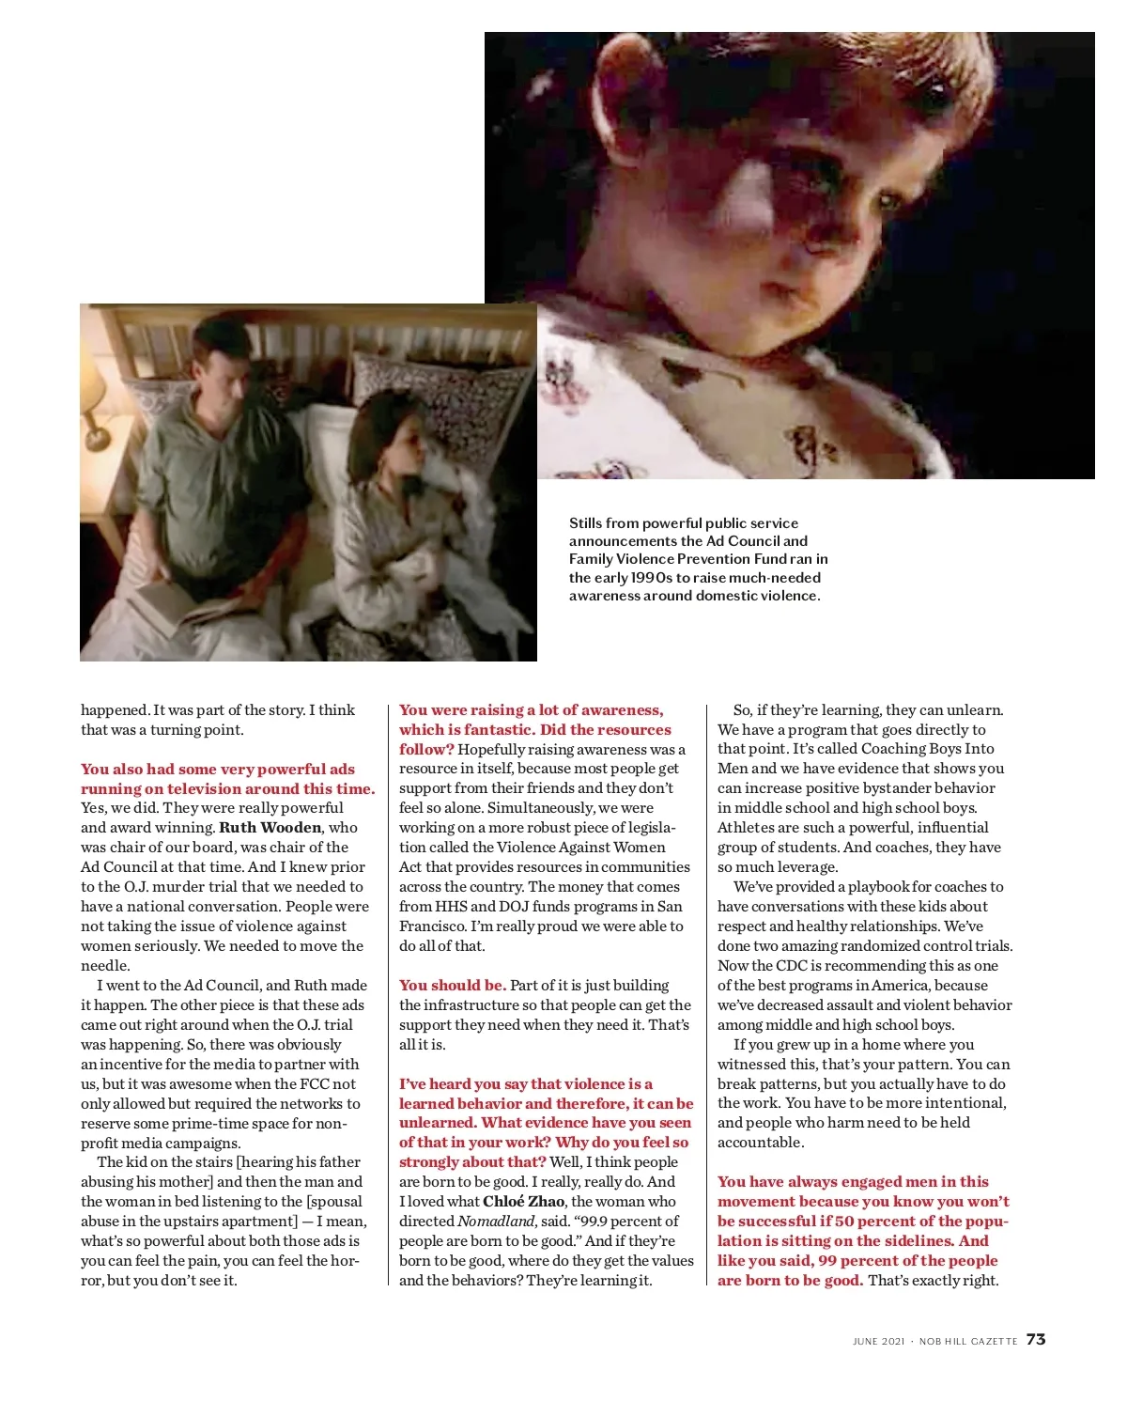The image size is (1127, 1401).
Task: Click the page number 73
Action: coord(1036,1340)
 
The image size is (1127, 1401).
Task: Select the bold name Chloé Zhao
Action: coord(523,1202)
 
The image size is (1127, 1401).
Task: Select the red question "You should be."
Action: coord(453,986)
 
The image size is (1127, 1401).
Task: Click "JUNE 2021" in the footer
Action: coord(878,1342)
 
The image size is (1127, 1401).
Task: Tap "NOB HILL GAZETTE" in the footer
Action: coord(968,1342)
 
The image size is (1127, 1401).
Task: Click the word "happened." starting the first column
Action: coord(115,710)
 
